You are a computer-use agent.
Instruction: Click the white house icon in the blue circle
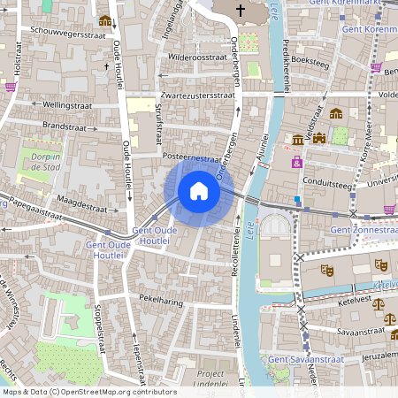(x=199, y=191)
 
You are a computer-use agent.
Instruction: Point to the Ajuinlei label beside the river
(x=261, y=148)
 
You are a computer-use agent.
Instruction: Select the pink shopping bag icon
(x=297, y=162)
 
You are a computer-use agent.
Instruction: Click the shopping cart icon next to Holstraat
(x=11, y=87)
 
